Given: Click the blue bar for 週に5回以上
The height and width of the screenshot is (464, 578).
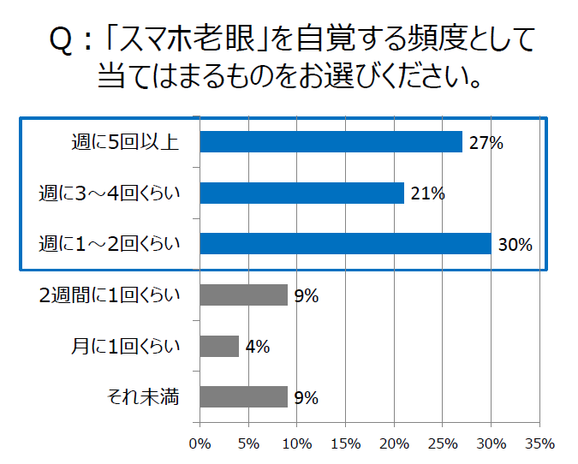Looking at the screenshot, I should pos(331,142).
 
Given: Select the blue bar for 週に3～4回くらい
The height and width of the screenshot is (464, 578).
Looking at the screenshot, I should pos(301,193).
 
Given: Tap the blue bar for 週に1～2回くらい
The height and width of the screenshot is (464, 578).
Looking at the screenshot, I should pos(345,244).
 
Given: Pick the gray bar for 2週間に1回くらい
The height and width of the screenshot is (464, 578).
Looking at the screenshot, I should pos(243,295).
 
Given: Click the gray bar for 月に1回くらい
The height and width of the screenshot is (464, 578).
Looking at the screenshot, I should pos(219,346).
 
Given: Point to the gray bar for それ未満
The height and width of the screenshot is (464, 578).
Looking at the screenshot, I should pos(243,397).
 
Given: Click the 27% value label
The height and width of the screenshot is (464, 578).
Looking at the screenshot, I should pos(485,143).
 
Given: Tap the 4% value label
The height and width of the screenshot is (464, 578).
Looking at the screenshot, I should pos(257,347).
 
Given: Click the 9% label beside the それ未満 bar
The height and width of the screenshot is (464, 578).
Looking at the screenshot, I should pos(306,398).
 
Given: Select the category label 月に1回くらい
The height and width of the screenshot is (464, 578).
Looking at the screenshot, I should pos(126,347).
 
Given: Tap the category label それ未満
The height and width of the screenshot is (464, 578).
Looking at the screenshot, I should pos(143,397).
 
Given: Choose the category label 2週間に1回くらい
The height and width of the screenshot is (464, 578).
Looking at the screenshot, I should pos(110,295).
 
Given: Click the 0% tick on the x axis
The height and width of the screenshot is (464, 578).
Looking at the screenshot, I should pos(200,443).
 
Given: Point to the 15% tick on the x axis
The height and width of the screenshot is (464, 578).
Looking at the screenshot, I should pos(345,443).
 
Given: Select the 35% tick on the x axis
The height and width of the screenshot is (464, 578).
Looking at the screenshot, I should pos(539,443).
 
